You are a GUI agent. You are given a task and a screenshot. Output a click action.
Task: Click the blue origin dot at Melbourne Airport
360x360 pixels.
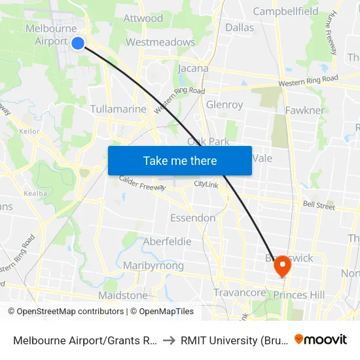(77, 43)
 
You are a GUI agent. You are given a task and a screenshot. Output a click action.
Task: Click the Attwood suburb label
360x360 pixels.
(143, 18)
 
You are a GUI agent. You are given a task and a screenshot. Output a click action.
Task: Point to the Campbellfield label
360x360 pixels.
(285, 11)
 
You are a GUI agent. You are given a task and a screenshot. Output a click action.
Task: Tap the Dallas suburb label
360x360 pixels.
(240, 27)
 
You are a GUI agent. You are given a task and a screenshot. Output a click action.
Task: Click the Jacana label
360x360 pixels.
(193, 68)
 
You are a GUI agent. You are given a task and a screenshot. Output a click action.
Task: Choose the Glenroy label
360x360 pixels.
(225, 105)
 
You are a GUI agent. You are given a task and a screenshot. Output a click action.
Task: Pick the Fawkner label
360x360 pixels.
(304, 110)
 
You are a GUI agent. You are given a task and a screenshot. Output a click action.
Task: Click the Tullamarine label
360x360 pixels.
(118, 109)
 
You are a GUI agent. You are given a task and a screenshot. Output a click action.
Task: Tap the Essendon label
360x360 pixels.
(192, 217)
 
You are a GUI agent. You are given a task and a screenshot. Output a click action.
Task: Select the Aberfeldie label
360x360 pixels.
(167, 242)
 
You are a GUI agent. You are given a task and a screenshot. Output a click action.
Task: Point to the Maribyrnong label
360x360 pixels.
(153, 266)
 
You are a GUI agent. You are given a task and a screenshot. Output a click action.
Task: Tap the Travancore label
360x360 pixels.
(240, 293)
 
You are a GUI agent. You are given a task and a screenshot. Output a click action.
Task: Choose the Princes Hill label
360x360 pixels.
(298, 295)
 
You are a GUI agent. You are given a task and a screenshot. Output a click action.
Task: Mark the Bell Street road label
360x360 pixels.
(319, 205)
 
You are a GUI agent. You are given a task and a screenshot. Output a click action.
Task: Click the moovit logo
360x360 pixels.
(321, 339)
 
